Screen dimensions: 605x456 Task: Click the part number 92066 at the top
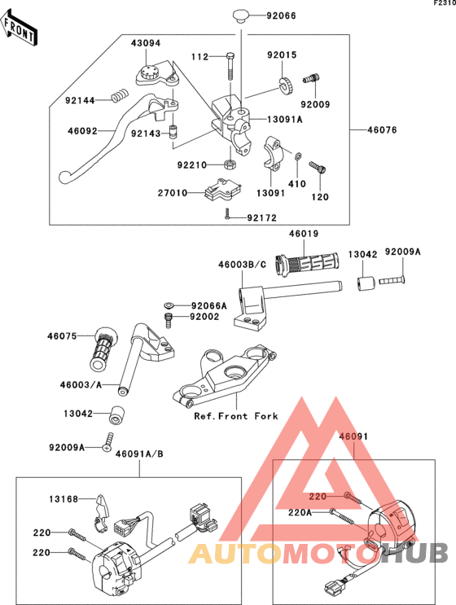click(x=282, y=16)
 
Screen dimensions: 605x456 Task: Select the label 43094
click(x=147, y=42)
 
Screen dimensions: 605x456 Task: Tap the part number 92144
click(x=81, y=100)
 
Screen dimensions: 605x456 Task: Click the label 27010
click(x=173, y=193)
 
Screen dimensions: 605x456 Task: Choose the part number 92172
click(x=262, y=217)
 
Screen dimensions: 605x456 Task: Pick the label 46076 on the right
click(x=384, y=129)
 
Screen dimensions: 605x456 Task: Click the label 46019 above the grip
click(x=304, y=234)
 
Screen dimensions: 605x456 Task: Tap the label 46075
click(x=63, y=335)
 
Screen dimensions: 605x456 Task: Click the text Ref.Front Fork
click(x=236, y=416)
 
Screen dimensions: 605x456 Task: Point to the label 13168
click(x=63, y=499)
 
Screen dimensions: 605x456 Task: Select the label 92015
click(x=283, y=55)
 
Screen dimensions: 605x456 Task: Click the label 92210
click(x=194, y=164)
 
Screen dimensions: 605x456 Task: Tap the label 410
click(x=298, y=184)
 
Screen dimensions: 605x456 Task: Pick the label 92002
click(x=204, y=316)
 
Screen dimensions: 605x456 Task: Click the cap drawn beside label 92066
click(x=243, y=15)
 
